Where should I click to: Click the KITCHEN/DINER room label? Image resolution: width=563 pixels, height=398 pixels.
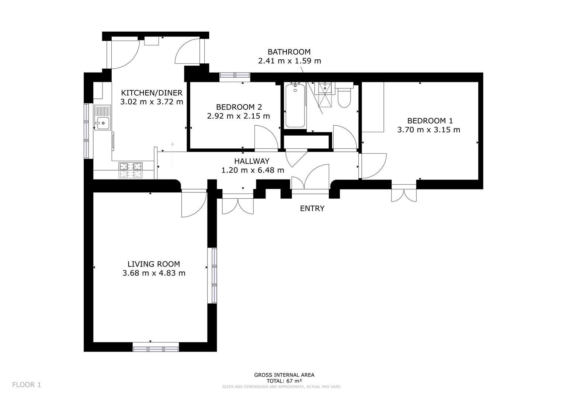(x=152, y=93)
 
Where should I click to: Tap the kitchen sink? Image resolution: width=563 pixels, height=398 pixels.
(x=102, y=118)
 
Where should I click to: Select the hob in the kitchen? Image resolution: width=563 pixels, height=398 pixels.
(x=131, y=171)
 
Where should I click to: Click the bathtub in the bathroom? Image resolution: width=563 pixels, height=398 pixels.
(x=295, y=106)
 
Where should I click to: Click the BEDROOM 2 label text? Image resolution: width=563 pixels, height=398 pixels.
(x=239, y=107)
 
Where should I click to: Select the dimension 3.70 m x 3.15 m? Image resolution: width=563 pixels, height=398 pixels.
(x=428, y=130)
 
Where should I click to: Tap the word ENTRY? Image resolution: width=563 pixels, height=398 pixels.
(x=312, y=209)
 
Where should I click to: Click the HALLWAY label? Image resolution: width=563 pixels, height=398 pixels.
(x=252, y=161)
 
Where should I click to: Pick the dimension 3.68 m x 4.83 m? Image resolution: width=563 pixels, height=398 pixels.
(x=154, y=273)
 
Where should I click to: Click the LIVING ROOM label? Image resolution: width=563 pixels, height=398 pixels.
(x=154, y=264)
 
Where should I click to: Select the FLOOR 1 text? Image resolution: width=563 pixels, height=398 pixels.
(x=27, y=385)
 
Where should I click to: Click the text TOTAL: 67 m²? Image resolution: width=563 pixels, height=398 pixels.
(x=284, y=381)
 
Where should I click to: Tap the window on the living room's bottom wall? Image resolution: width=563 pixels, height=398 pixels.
(x=156, y=347)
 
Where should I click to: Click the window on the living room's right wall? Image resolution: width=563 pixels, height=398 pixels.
(x=212, y=275)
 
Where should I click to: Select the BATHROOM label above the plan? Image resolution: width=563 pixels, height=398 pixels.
(x=289, y=52)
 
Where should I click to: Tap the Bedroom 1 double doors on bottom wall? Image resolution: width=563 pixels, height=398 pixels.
(x=404, y=192)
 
